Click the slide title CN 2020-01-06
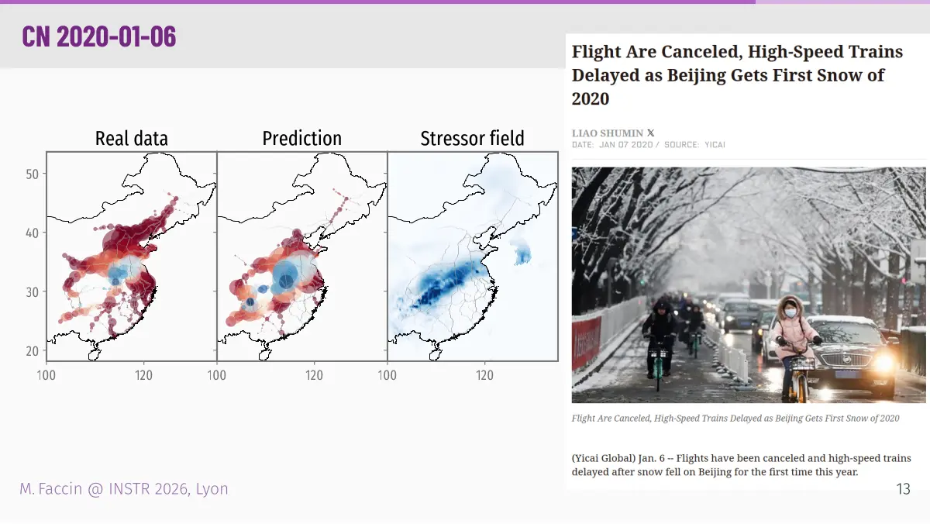coord(99,36)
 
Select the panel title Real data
coord(132,138)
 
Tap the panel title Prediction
coord(301,138)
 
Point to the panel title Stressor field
coord(473,138)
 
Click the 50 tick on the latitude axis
coord(32,174)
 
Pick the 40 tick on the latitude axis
coord(32,233)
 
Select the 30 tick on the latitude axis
coord(32,292)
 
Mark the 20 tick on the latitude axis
coord(32,351)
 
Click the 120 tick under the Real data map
coord(143,375)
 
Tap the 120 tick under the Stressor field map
coord(484,375)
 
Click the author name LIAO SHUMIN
coord(608,133)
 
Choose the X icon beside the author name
coord(650,133)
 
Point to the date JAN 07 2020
coord(625,145)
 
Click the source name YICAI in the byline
coord(715,145)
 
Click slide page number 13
coord(904,489)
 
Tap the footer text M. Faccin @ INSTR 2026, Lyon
coord(124,489)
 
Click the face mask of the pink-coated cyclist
coord(790,313)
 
